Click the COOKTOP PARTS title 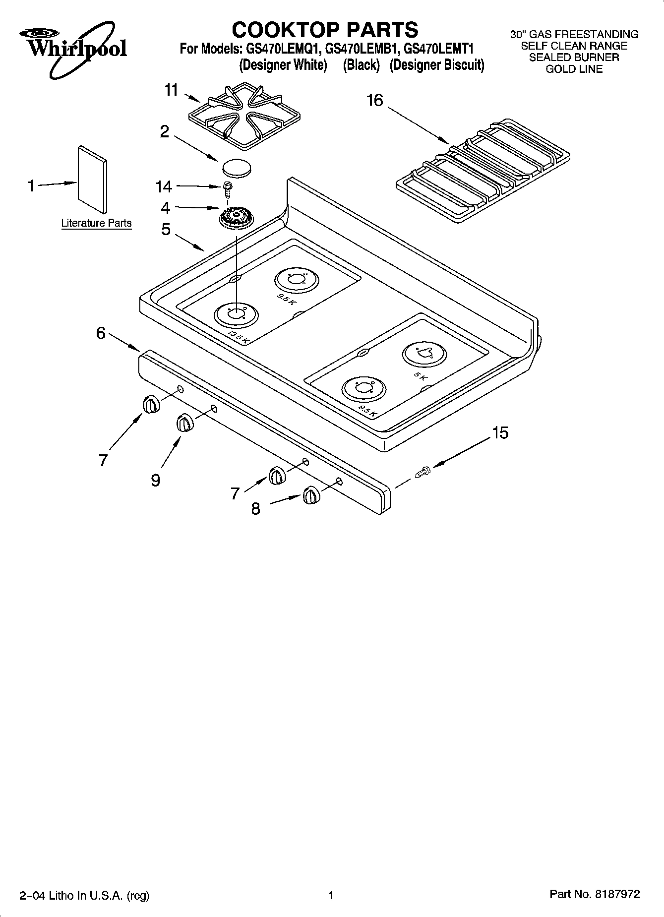pos(325,29)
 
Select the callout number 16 pos(374,101)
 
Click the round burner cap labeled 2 pos(237,167)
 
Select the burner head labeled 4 pos(236,218)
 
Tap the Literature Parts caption pos(96,223)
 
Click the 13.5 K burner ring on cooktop pos(236,314)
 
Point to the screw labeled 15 pos(422,472)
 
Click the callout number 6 pos(101,333)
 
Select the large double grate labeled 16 pos(483,170)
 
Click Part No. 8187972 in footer pos(595,894)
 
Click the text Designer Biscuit pos(436,65)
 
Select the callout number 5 pos(166,229)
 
